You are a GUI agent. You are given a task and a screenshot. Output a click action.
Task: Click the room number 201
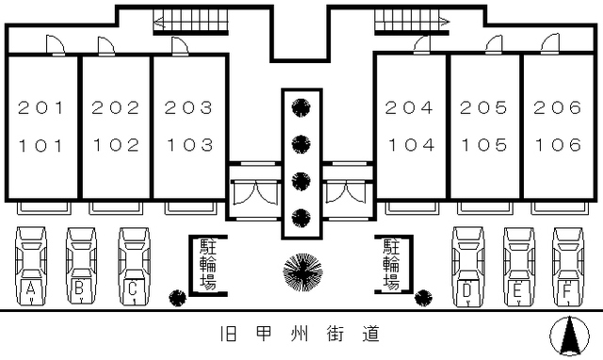pos(41,107)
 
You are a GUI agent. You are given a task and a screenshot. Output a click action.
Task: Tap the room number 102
pos(115,145)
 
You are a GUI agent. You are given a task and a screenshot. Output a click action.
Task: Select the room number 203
pos(188,107)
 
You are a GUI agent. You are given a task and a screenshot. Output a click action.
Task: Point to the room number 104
pos(410,145)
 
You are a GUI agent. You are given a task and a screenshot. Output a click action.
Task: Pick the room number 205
pos(483,107)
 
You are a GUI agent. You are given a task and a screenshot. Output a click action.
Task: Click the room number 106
pos(557,145)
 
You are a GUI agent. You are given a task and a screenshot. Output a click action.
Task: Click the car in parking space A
pos(32,266)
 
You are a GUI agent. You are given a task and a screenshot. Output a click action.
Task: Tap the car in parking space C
pos(135,266)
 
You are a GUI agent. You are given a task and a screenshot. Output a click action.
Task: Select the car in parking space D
pos(468,266)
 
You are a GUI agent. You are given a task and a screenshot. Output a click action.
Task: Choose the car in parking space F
pos(568,266)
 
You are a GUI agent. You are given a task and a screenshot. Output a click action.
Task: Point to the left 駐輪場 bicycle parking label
pos(207,265)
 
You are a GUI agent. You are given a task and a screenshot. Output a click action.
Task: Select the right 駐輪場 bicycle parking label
pos(391,265)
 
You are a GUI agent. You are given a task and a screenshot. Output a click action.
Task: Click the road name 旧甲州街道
pos(301,335)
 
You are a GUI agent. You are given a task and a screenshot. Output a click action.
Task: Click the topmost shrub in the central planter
pos(301,106)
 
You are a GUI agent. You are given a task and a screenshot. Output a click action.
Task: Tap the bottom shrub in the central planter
pos(301,217)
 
